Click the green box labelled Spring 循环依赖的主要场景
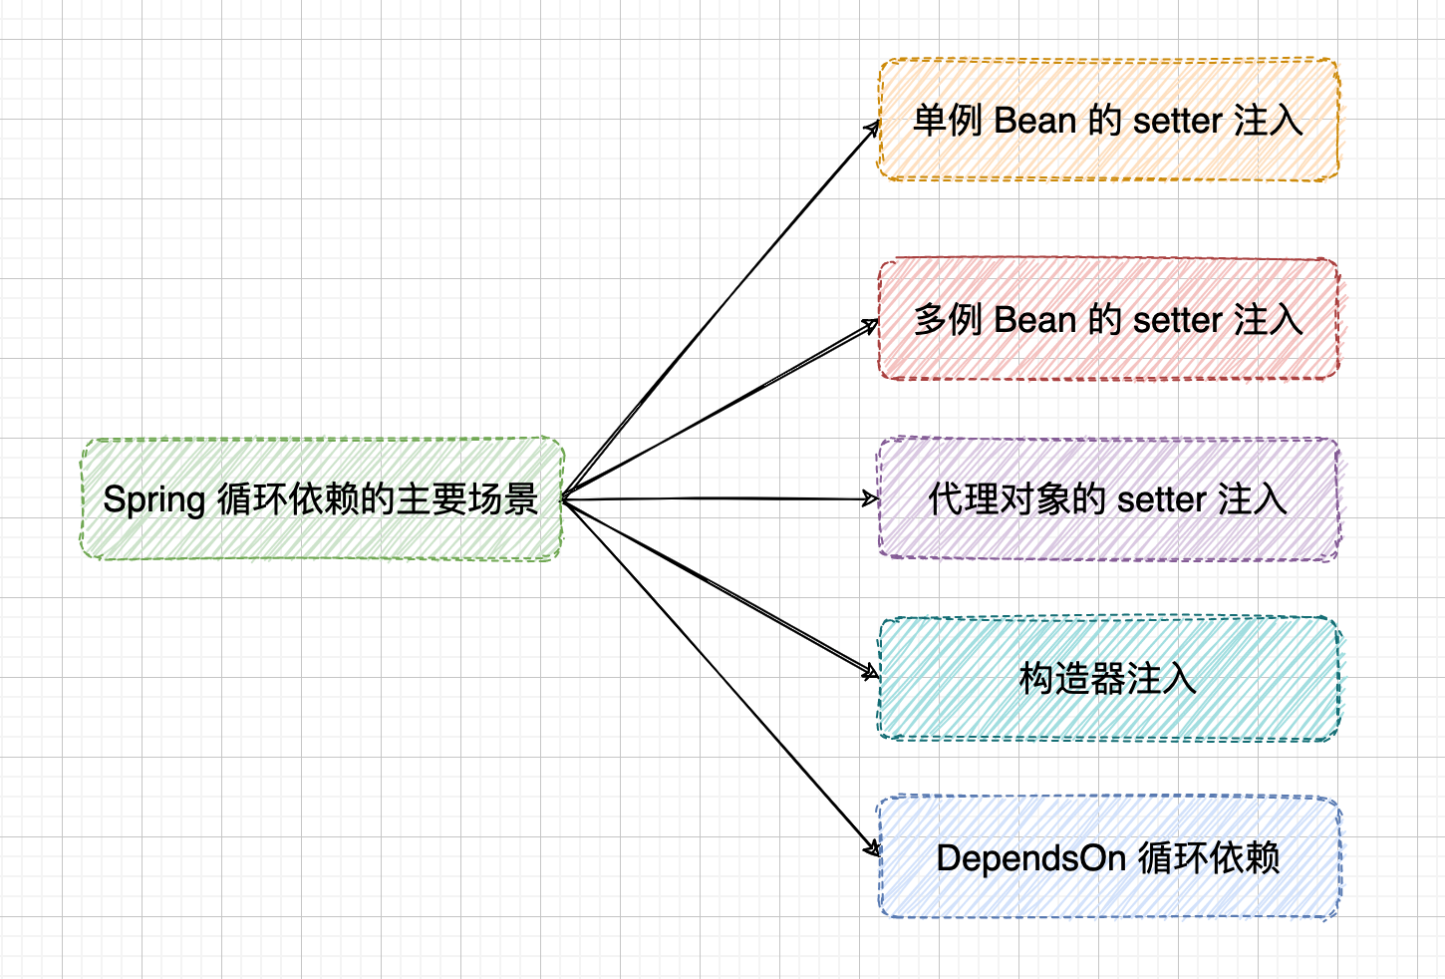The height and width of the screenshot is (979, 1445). coord(322,498)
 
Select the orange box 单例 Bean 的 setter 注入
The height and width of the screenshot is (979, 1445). coord(1107,120)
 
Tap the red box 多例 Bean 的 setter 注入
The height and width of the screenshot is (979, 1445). coord(1108,319)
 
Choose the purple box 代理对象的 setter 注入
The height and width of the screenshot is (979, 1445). coord(1108,498)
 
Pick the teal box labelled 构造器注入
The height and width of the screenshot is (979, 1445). coord(1108,678)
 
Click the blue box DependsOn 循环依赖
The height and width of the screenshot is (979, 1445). coord(1108,857)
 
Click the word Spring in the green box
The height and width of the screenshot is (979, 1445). coord(154,500)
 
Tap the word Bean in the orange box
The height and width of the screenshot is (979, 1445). coord(1034,121)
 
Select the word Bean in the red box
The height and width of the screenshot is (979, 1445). coord(1034,320)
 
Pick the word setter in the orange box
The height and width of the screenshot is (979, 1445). coord(1177,122)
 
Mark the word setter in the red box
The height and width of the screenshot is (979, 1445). coord(1177,321)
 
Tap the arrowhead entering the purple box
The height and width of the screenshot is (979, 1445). coord(872,498)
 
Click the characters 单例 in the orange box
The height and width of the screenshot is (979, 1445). coord(948,121)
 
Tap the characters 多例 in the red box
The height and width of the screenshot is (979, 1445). coord(948,320)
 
